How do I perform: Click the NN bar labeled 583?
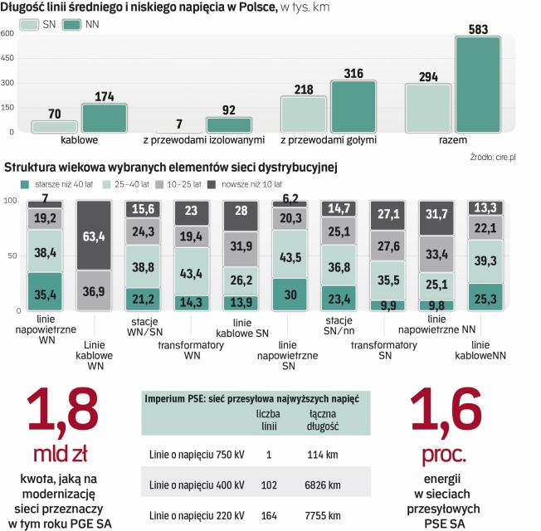[478, 84]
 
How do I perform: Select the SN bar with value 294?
[428, 108]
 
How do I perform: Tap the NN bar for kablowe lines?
[104, 118]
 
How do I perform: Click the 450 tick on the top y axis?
[7, 58]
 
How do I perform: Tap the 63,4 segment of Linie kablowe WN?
[94, 236]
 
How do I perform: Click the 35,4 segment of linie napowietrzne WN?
[45, 292]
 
